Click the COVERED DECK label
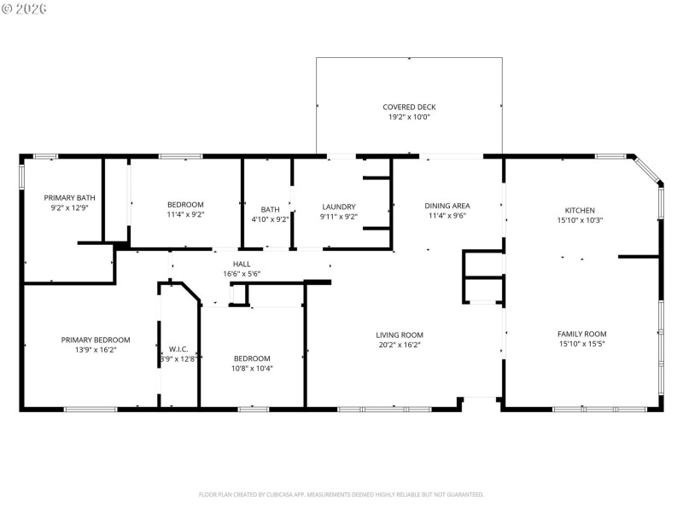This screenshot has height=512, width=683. (409, 107)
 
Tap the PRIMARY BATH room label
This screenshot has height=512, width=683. (70, 197)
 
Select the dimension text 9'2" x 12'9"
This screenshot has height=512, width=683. (70, 207)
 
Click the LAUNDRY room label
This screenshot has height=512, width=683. (338, 207)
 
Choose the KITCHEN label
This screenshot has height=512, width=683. (580, 210)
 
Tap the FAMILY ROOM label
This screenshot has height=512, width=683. (581, 334)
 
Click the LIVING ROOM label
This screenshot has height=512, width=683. (400, 335)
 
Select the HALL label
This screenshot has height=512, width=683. (242, 265)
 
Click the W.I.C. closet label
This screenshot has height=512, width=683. (178, 349)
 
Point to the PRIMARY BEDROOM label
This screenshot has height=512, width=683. (96, 339)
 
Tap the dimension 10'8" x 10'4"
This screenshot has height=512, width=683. (252, 368)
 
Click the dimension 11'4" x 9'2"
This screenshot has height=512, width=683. (185, 214)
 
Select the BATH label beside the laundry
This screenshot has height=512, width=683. (270, 210)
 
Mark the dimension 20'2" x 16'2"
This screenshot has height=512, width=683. (400, 345)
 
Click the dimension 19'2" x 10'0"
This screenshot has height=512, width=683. (409, 117)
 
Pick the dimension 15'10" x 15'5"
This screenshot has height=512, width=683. (581, 344)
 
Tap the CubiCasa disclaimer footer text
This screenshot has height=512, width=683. (341, 494)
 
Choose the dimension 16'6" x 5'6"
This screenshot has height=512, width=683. (242, 274)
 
